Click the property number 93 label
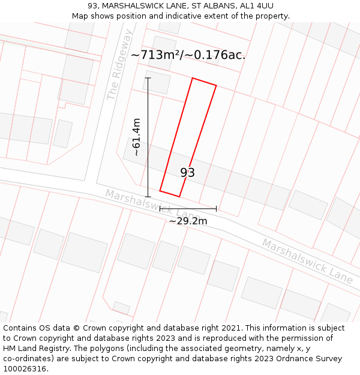pyautogui.click(x=187, y=173)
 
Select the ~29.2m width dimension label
pyautogui.click(x=188, y=221)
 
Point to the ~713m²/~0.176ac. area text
pyautogui.click(x=188, y=55)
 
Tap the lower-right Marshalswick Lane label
pyautogui.click(x=307, y=261)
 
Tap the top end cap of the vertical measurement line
pyautogui.click(x=148, y=78)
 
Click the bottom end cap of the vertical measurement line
pyautogui.click(x=148, y=196)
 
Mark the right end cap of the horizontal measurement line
pyautogui.click(x=216, y=209)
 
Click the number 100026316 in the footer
pyautogui.click(x=25, y=369)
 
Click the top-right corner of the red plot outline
pyautogui.click(x=216, y=86)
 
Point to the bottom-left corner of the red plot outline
pyautogui.click(x=160, y=191)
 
